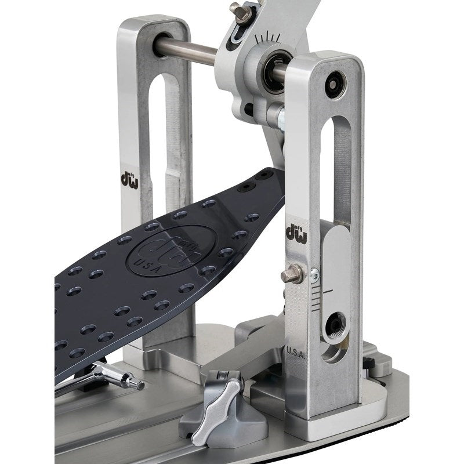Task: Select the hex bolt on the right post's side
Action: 293,274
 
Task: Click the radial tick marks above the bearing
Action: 267,38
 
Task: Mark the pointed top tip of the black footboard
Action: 273,172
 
